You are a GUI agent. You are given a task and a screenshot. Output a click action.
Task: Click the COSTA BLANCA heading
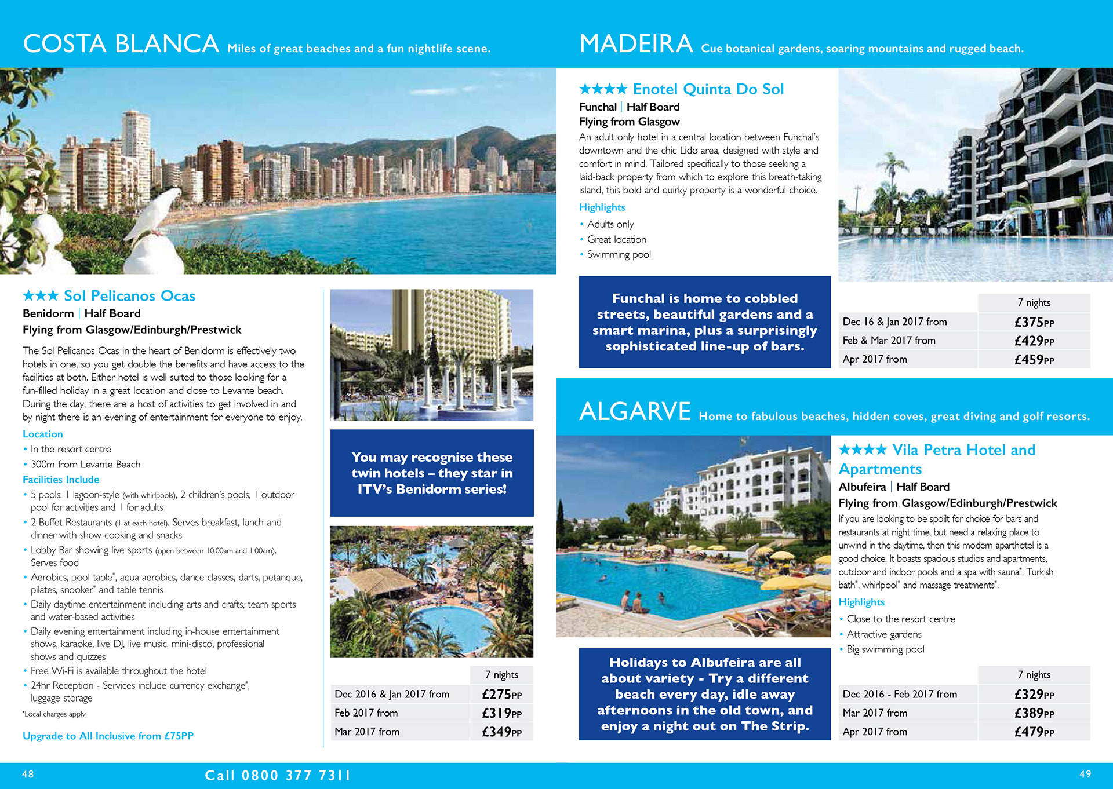click(121, 44)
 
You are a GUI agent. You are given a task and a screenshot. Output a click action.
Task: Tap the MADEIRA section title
click(636, 44)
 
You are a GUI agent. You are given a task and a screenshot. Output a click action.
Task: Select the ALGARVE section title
click(635, 412)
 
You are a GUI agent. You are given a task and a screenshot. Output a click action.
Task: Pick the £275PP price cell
click(501, 694)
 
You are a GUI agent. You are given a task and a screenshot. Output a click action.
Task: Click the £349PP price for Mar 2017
click(501, 732)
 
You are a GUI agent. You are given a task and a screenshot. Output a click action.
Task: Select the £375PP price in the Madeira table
click(1034, 322)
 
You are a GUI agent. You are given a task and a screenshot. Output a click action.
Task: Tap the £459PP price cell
click(1034, 360)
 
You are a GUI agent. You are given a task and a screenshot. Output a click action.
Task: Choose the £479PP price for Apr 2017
click(1034, 732)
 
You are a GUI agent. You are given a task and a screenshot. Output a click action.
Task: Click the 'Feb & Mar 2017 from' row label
click(889, 341)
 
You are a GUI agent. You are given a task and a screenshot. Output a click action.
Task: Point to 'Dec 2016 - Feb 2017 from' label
click(900, 694)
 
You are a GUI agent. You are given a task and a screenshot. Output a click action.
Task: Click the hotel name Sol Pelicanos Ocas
click(129, 296)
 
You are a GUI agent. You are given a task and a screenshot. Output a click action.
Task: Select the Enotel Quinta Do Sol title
click(708, 89)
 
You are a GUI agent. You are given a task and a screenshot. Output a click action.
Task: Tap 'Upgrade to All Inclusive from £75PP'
click(108, 736)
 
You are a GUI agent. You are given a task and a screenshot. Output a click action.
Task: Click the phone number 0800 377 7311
click(296, 775)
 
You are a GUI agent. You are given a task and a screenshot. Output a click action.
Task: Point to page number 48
click(28, 774)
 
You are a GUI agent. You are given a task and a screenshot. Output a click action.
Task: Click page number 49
click(1085, 774)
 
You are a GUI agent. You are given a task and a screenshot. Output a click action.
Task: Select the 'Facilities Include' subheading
click(61, 480)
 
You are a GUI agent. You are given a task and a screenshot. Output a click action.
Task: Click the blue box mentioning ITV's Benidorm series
click(432, 473)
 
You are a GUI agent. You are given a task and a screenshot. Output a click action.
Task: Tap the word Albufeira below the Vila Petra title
click(862, 487)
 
